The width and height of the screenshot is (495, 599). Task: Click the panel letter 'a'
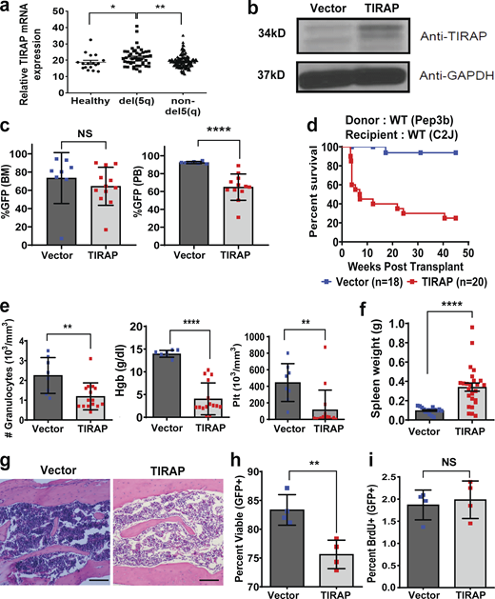(x=9, y=10)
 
